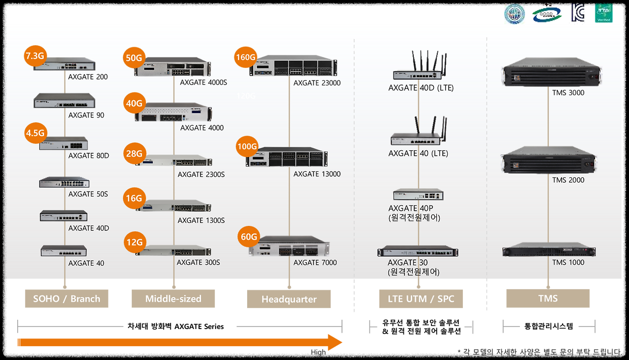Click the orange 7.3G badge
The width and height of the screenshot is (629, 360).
coord(34,56)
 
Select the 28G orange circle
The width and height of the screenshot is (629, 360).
coord(134,154)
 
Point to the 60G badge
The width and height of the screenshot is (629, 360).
coord(249,237)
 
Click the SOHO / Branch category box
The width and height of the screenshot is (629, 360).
coord(67,299)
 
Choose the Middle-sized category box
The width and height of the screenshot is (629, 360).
coord(173,299)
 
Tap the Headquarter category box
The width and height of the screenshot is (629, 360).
coord(289,299)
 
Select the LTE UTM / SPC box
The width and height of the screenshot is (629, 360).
coord(421,299)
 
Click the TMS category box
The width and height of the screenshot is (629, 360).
coord(547,298)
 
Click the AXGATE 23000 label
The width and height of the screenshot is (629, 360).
coord(317,83)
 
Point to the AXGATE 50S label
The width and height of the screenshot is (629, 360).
coord(88,194)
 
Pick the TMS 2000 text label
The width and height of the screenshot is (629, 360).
coord(568,180)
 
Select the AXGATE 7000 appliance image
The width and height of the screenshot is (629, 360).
coord(289,247)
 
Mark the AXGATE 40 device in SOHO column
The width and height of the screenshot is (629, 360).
coord(64,251)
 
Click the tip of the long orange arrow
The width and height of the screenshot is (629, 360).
coord(342,342)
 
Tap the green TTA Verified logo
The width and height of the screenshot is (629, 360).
coord(603,14)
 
